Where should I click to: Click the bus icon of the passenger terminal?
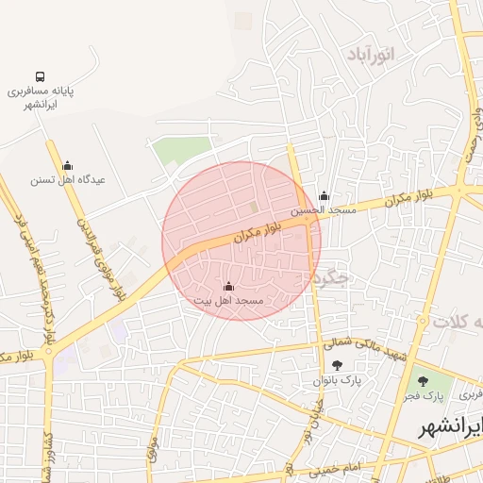(40, 76)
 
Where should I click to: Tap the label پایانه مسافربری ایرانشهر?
(41, 98)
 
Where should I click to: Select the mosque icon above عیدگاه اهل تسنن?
(66, 165)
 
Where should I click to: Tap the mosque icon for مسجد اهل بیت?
(228, 286)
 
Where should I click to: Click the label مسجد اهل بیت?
(228, 300)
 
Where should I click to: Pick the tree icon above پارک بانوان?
(337, 365)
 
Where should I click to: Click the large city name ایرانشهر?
(451, 427)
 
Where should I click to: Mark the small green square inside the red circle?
(253, 207)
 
